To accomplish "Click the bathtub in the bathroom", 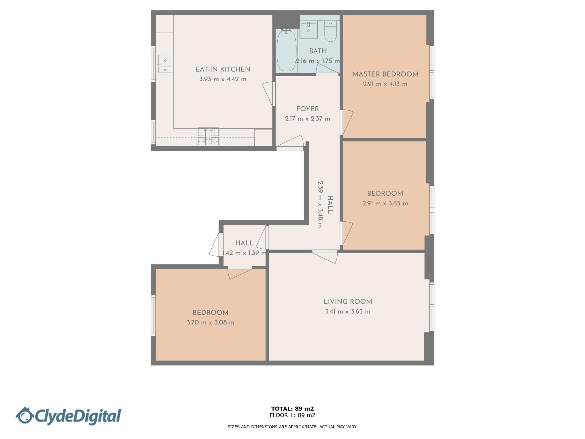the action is (287, 50).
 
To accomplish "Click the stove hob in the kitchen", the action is (208, 136).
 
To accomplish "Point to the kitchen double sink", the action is (165, 64).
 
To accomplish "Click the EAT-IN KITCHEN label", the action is (223, 69).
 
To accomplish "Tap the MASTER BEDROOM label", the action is (385, 74).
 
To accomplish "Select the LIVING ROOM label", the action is (348, 302).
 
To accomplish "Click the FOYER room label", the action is (307, 109).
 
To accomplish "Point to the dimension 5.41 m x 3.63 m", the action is (348, 312).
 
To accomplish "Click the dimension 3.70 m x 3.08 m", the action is (211, 322).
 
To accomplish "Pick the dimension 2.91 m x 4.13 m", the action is (385, 84).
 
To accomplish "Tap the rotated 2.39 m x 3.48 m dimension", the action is (320, 204).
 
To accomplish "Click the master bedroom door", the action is (346, 122).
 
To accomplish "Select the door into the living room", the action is (325, 256).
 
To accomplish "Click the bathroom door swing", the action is (327, 70).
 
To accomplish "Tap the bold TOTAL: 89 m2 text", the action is (292, 409).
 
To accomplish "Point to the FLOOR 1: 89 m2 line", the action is (292, 415).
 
